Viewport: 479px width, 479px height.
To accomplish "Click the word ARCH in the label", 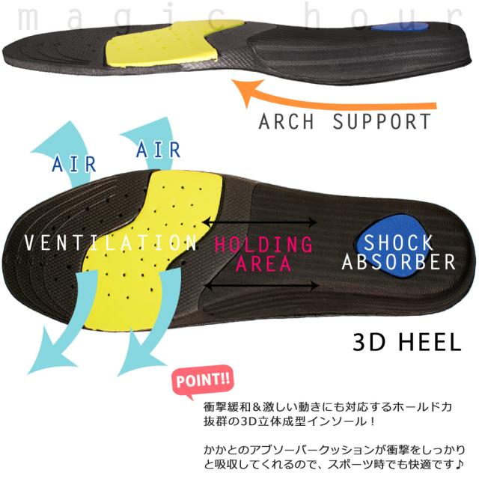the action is (x=286, y=121).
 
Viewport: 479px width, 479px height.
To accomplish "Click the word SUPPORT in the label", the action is (x=382, y=121).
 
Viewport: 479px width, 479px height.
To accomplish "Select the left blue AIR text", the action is (x=74, y=164).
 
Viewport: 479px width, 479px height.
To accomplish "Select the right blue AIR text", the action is (x=158, y=150).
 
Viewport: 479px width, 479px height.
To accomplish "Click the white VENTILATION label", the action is (x=111, y=242).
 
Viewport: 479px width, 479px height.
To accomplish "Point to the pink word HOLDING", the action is (x=263, y=245).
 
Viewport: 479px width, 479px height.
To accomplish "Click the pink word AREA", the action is (x=263, y=263).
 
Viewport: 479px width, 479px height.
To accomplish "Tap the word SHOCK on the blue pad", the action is (x=398, y=242).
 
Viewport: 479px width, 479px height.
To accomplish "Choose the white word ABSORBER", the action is (x=399, y=262).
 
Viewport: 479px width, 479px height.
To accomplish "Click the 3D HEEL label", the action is (x=407, y=342).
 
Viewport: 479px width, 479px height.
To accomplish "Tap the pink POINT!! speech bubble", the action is (x=203, y=380).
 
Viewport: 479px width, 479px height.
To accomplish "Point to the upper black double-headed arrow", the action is (x=260, y=222).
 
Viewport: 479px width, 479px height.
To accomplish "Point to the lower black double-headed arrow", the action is (x=262, y=286).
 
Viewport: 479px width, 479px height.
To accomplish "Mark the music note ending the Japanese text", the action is (x=459, y=465).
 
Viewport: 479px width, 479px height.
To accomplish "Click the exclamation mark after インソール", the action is (x=371, y=421).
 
